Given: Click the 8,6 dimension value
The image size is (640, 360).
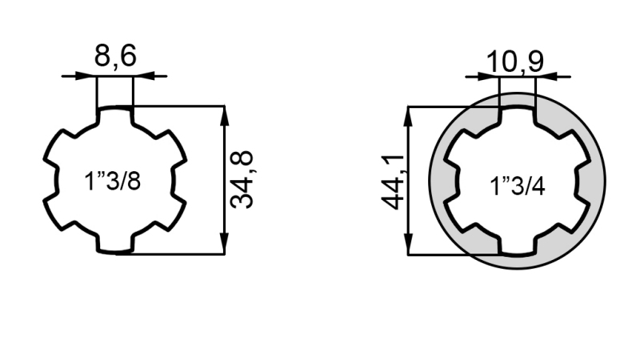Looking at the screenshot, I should click(x=115, y=57).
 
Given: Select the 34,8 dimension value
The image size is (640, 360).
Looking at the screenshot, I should click(x=242, y=180).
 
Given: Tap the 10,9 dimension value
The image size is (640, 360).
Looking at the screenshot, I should click(x=516, y=61).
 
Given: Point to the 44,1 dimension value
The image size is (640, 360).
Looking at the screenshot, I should click(x=392, y=181).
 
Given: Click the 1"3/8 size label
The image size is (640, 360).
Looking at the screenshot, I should click(x=113, y=182).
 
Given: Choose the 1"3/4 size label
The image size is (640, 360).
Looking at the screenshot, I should click(x=518, y=187).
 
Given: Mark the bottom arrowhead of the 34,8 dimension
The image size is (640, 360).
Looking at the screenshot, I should click(x=225, y=246).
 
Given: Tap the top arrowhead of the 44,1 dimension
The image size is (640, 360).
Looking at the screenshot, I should click(x=408, y=114).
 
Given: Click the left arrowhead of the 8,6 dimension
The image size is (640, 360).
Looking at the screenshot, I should click(x=89, y=76).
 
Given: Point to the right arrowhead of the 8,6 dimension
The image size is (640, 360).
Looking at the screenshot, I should click(x=141, y=76).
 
